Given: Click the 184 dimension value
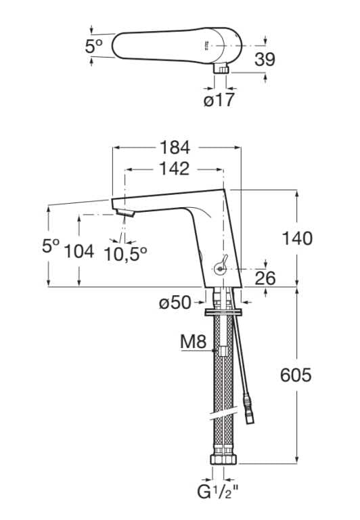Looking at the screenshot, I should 175,147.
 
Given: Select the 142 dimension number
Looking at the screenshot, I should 175,169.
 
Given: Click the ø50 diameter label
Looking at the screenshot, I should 176,303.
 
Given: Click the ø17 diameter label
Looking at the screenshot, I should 219,101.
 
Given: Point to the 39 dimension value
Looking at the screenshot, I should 265,60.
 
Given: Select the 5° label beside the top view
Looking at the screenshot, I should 94,46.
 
